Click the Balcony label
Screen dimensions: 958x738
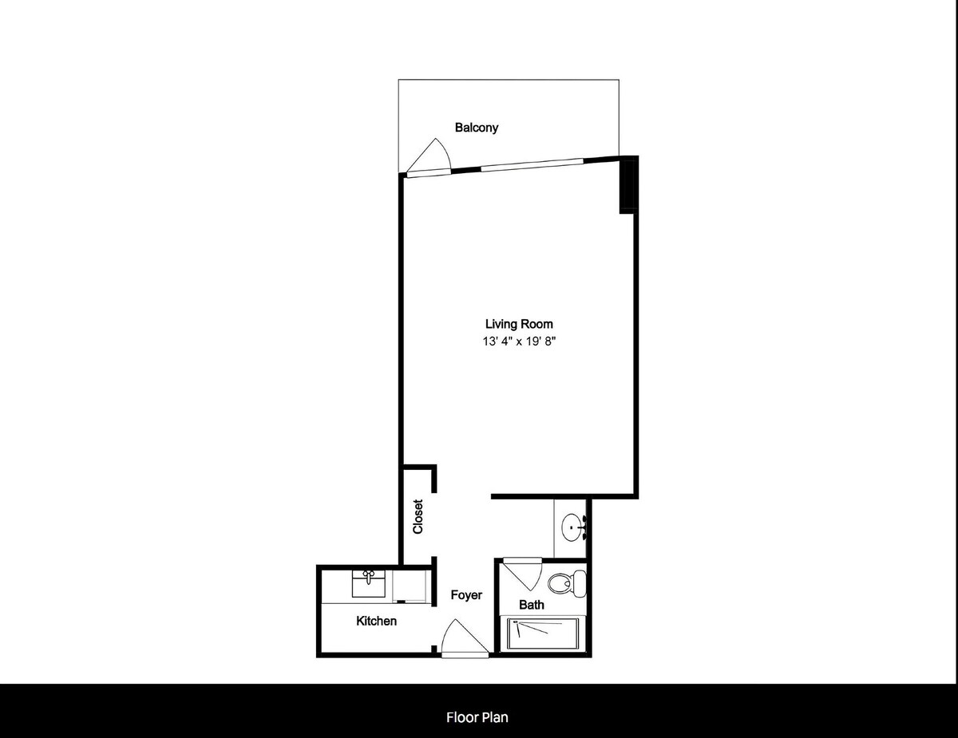[x=477, y=128]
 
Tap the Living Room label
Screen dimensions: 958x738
[x=519, y=324]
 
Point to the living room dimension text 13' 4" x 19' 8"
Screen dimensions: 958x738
[x=519, y=341]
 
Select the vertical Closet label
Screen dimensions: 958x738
[x=418, y=516]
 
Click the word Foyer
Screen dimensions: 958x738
[x=466, y=595]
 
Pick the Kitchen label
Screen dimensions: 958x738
[x=377, y=621]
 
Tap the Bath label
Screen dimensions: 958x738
[x=531, y=605]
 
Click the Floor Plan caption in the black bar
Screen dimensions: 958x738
[x=477, y=717]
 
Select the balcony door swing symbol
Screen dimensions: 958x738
[x=429, y=156]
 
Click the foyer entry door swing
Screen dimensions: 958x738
[x=465, y=637]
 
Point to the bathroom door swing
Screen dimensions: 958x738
[x=523, y=574]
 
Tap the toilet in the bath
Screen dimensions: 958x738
[x=567, y=583]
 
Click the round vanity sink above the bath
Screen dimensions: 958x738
[x=572, y=527]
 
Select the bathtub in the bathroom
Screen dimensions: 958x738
[x=543, y=634]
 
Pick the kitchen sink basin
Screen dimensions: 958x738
[x=368, y=584]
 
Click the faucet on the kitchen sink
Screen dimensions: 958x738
[x=368, y=576]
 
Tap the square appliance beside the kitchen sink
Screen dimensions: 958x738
[x=409, y=586]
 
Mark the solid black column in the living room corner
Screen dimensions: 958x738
[x=628, y=185]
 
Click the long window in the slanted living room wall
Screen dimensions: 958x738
[x=532, y=164]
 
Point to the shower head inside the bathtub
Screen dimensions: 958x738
[x=515, y=622]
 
